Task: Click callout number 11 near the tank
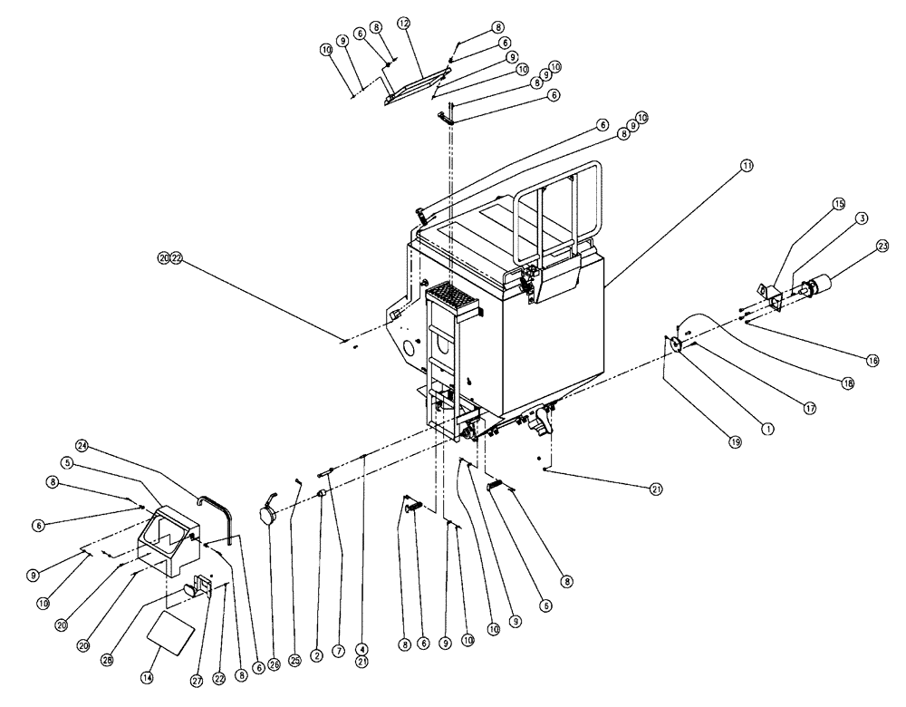[x=747, y=166]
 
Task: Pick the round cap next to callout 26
[x=268, y=513]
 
